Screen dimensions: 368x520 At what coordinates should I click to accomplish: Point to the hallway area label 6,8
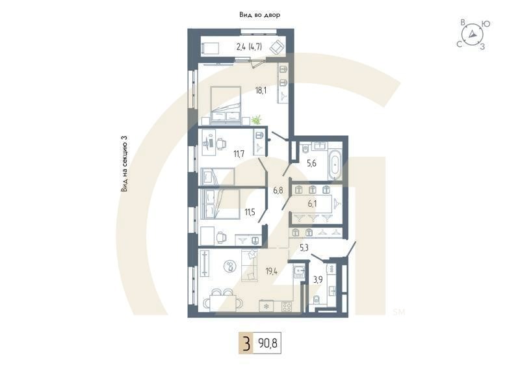(278, 191)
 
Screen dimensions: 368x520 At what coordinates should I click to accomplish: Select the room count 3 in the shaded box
(246, 342)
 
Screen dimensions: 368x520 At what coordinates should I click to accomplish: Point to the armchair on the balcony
(277, 47)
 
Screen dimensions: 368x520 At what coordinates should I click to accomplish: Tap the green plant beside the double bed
(257, 120)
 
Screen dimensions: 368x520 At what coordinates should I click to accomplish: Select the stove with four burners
(265, 305)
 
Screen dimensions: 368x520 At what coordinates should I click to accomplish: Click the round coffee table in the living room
(229, 265)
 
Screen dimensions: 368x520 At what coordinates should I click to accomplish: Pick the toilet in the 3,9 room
(315, 300)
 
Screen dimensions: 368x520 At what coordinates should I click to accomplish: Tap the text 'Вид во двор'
(259, 14)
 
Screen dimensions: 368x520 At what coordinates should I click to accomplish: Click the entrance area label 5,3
(304, 248)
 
